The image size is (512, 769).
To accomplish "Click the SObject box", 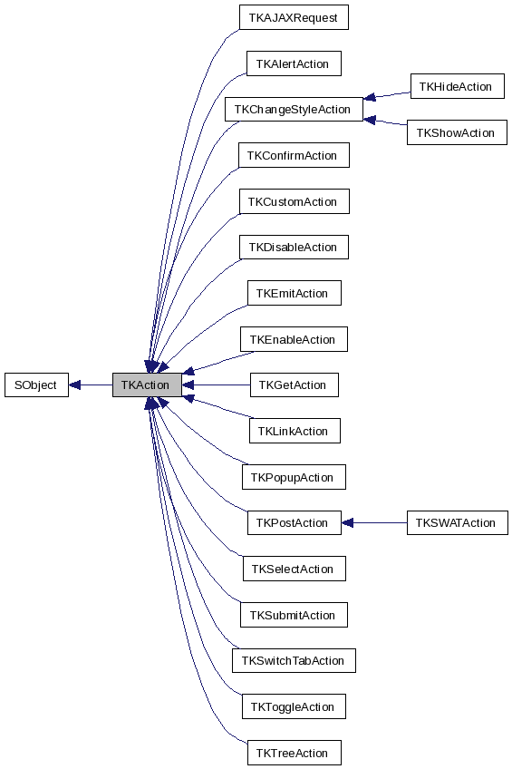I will coord(36,384).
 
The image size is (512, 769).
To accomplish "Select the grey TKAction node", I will coord(147,384).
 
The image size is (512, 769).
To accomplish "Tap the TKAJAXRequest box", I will coord(294,17).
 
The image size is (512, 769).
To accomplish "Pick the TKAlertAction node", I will coord(294,63).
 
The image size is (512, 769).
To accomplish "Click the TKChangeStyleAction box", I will coord(294,110).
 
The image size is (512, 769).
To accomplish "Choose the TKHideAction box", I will coord(456,87).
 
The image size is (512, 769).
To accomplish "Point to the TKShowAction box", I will coord(456,132).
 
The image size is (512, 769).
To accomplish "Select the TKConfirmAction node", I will coord(294,156).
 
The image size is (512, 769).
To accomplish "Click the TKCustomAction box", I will coord(294,201).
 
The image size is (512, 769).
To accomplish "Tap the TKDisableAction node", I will coord(294,248).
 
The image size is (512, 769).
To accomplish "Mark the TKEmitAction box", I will coord(294,294).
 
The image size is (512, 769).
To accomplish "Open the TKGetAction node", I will coord(294,384).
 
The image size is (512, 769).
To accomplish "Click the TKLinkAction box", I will coord(294,431).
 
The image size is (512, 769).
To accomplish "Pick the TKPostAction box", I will coord(294,522).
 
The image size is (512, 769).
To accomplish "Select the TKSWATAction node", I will coord(457,522).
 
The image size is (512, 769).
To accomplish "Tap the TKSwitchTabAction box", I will coord(294,660).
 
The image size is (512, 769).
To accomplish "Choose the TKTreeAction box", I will coord(294,753).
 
